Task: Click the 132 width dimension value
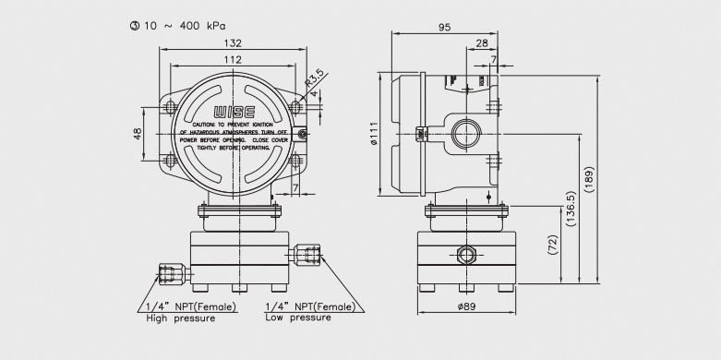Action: tap(234, 43)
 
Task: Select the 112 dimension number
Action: tap(234, 60)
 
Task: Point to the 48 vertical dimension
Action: tap(138, 133)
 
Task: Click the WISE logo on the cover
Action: tap(234, 112)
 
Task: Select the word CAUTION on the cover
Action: tap(203, 125)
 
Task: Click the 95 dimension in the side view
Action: tap(444, 28)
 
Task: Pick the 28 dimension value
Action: tap(482, 43)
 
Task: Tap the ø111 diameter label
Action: tap(374, 134)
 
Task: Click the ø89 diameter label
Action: tap(466, 306)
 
